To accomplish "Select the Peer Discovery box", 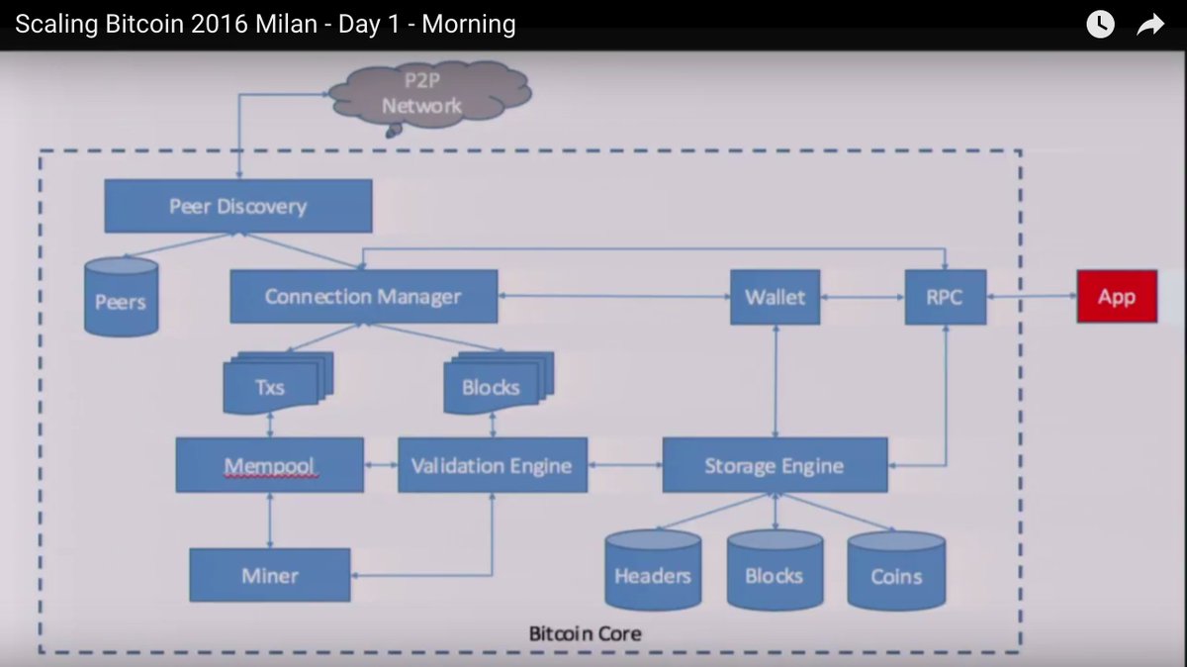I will (238, 206).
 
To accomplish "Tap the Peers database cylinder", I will (121, 296).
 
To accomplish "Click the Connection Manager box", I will (363, 296).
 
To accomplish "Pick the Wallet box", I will (775, 296).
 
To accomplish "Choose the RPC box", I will (945, 296).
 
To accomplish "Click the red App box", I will (1116, 296).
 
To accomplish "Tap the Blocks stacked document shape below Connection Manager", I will (492, 384).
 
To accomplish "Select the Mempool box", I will (269, 465).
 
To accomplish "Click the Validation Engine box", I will (492, 465).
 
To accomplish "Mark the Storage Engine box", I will (774, 465).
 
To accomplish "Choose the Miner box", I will (269, 575).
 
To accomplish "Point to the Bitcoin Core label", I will (585, 632).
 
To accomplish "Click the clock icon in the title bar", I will (1100, 25).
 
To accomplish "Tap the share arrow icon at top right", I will (1150, 25).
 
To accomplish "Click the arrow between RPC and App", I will (1031, 296).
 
